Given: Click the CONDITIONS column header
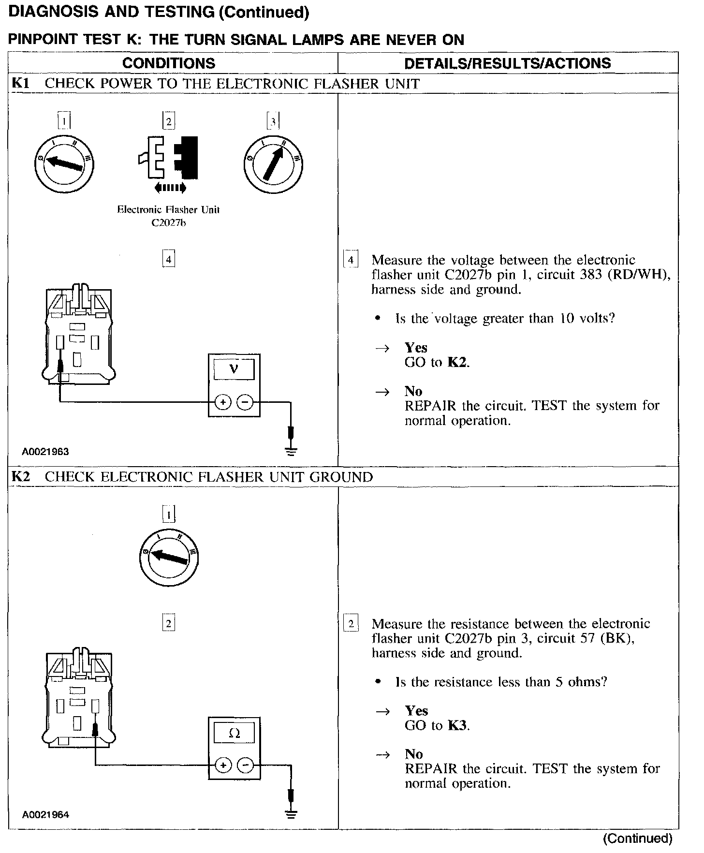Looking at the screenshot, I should coord(169,63).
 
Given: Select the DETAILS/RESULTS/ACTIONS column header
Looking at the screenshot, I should coord(507,63).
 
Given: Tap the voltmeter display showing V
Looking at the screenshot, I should coord(234,370).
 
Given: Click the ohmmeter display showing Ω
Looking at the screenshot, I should coord(234,733).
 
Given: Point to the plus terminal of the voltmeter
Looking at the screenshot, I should coord(222,402).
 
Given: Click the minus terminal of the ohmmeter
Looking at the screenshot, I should coord(246,765).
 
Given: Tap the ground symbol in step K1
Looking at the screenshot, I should coord(291,452).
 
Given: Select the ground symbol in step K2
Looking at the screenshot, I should coord(291,814).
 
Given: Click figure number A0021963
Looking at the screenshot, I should coord(45,452).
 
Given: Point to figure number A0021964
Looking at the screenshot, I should coord(45,815).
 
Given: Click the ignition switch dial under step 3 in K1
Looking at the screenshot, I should coord(274,164).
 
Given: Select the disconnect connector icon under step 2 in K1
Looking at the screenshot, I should coord(168,160).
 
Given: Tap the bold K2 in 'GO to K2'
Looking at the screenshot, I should coord(457,362).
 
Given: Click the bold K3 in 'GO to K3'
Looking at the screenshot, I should coord(457,725).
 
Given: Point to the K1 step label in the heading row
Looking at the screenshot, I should coord(20,83).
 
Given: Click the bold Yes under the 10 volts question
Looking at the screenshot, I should coord(416,348).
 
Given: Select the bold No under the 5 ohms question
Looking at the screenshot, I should coord(413,754).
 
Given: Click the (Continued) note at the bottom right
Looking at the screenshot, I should coord(638,838).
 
